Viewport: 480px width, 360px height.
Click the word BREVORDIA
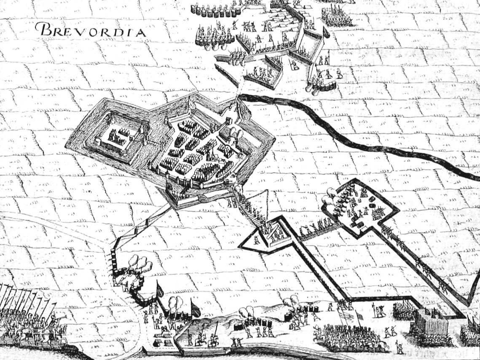(x=90, y=30)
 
